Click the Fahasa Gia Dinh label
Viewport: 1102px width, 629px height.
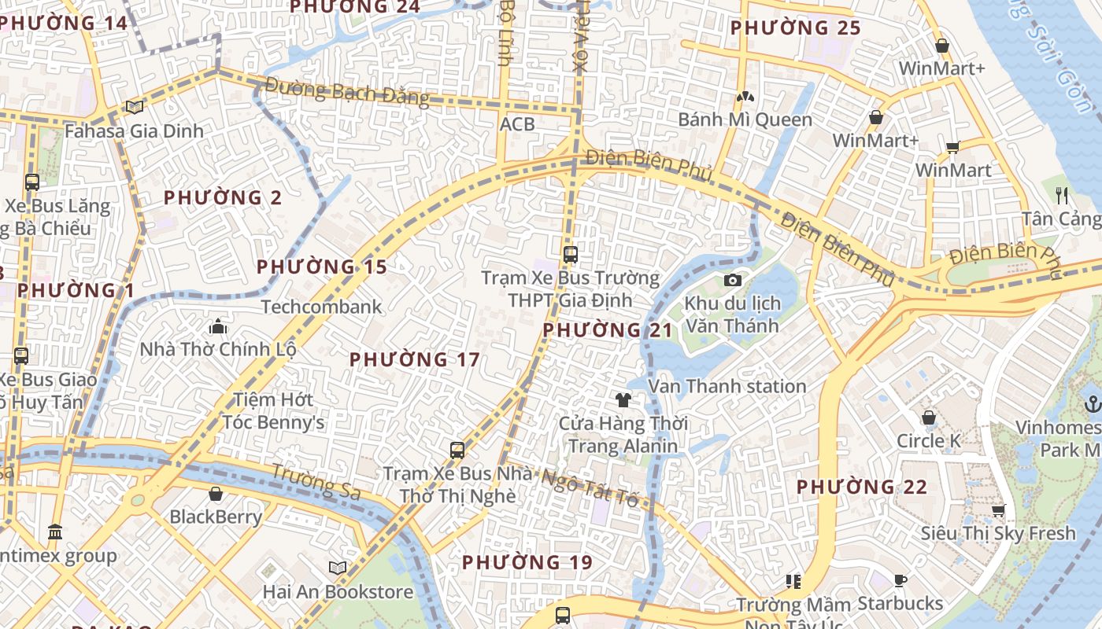(x=134, y=131)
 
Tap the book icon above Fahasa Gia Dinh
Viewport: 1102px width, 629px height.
(x=135, y=107)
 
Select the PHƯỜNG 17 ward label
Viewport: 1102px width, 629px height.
(x=414, y=360)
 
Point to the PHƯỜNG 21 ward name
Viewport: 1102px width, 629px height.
(x=608, y=330)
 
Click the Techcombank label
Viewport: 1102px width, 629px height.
(x=321, y=307)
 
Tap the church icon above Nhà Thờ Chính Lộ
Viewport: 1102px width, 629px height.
(x=217, y=326)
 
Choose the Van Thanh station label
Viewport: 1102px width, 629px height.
(x=727, y=386)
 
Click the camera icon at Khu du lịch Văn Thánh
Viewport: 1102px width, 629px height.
(x=732, y=280)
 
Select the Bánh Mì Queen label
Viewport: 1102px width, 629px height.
(x=745, y=120)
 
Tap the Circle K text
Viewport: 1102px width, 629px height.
(x=929, y=441)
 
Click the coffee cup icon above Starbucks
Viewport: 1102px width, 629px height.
(x=900, y=580)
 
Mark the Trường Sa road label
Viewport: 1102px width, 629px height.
(x=316, y=481)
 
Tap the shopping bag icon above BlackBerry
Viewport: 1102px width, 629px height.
(x=216, y=494)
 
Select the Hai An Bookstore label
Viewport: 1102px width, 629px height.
(x=338, y=592)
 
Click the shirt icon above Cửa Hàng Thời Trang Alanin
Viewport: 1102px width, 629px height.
(x=623, y=400)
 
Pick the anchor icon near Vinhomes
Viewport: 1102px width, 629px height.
(x=1092, y=405)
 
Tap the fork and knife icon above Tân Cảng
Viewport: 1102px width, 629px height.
(x=1062, y=195)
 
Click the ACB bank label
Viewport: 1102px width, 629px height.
(x=517, y=124)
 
